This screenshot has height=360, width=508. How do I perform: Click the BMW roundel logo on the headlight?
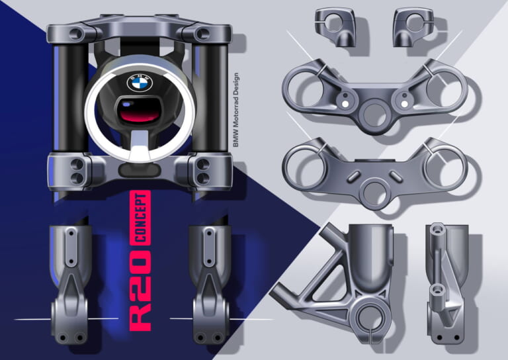[x=140, y=83]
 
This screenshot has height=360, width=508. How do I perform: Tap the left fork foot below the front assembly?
[x=69, y=285]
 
